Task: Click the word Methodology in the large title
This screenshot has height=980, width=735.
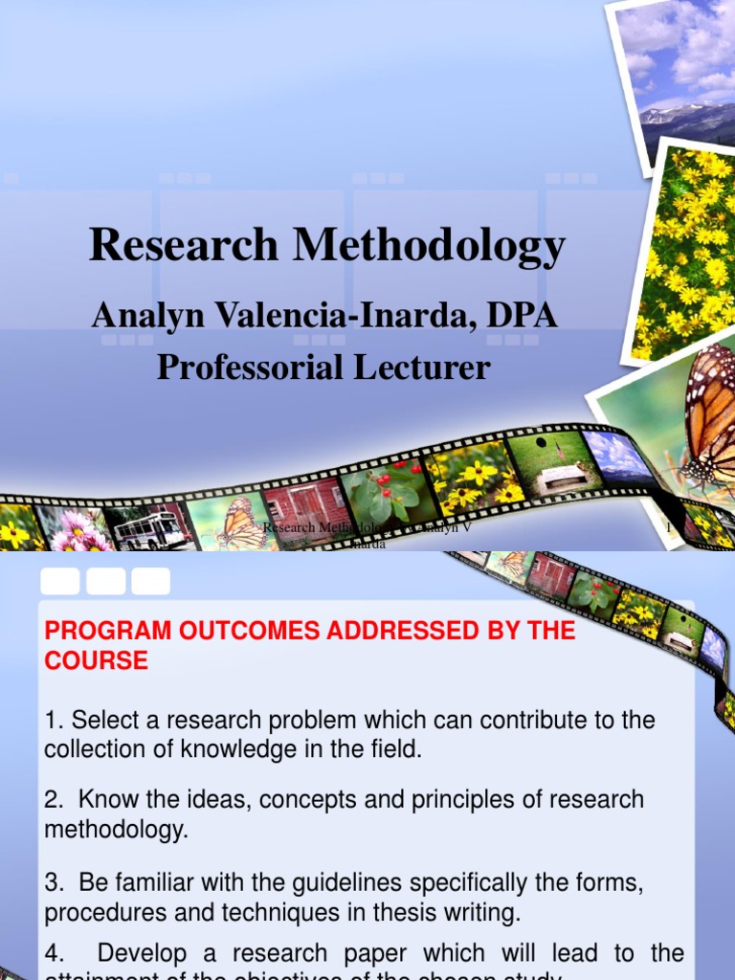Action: pos(429,247)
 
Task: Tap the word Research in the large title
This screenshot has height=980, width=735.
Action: pos(184,245)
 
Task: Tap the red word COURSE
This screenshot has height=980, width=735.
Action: pos(96,660)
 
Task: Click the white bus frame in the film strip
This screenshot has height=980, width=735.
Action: pos(150,528)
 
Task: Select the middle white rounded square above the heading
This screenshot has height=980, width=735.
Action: pos(105,581)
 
